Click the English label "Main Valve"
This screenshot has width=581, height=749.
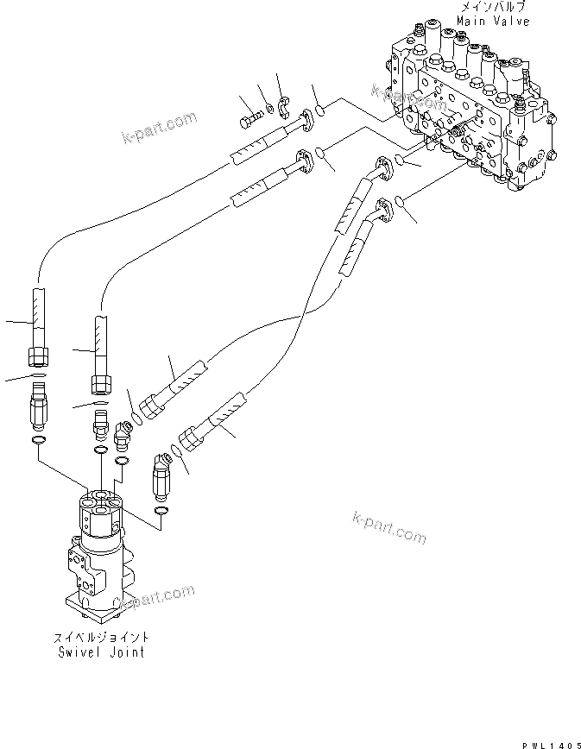(x=493, y=20)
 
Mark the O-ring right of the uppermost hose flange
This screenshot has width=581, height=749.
(x=318, y=110)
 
